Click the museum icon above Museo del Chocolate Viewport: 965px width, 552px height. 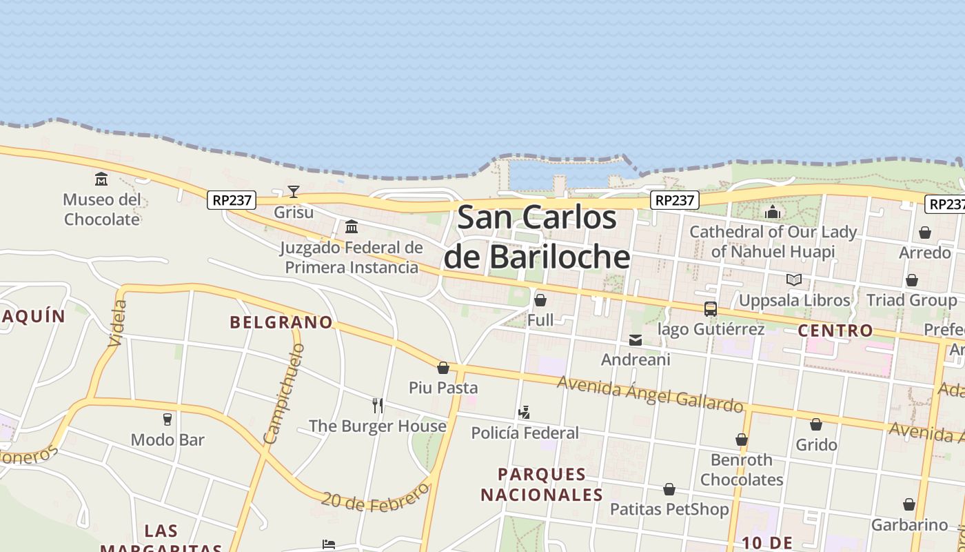point(101,179)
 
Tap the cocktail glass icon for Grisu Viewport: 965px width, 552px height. point(294,192)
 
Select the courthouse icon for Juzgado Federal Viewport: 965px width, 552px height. point(352,226)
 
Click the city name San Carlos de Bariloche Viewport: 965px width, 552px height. point(536,237)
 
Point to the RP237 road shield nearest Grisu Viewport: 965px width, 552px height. point(232,200)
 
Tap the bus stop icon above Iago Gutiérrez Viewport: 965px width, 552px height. point(711,308)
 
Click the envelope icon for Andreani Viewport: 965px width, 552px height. point(636,339)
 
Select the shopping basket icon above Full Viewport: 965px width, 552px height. point(540,300)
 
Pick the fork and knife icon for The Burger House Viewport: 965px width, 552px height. point(377,405)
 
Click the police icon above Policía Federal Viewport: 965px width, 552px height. point(525,413)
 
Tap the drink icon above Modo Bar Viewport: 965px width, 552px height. point(167,419)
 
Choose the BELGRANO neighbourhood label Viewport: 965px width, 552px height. point(281,322)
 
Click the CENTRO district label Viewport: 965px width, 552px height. point(835,331)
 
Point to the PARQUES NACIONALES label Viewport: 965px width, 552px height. point(542,484)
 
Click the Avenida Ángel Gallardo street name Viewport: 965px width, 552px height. point(650,393)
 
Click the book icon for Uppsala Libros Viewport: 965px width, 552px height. point(794,279)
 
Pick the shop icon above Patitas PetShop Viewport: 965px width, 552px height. point(669,489)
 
